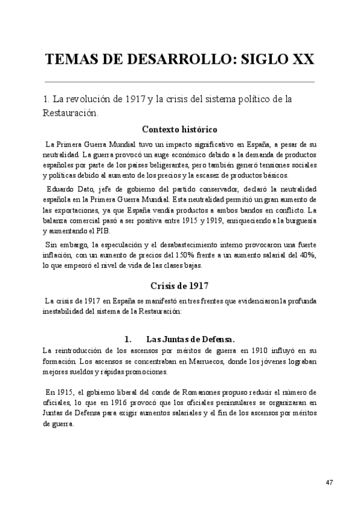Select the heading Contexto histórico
(x=179, y=129)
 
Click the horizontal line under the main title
(x=179, y=81)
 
